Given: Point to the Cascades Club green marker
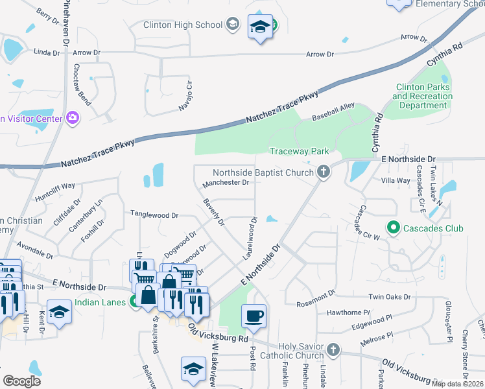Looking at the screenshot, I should pyautogui.click(x=392, y=228).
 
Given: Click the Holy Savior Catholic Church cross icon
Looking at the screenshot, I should pyautogui.click(x=333, y=350).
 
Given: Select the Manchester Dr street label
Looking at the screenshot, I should pyautogui.click(x=226, y=183).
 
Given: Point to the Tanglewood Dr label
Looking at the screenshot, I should pyautogui.click(x=154, y=214).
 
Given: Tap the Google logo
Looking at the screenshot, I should pyautogui.click(x=22, y=381).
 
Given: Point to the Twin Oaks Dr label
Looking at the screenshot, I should pyautogui.click(x=389, y=297).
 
